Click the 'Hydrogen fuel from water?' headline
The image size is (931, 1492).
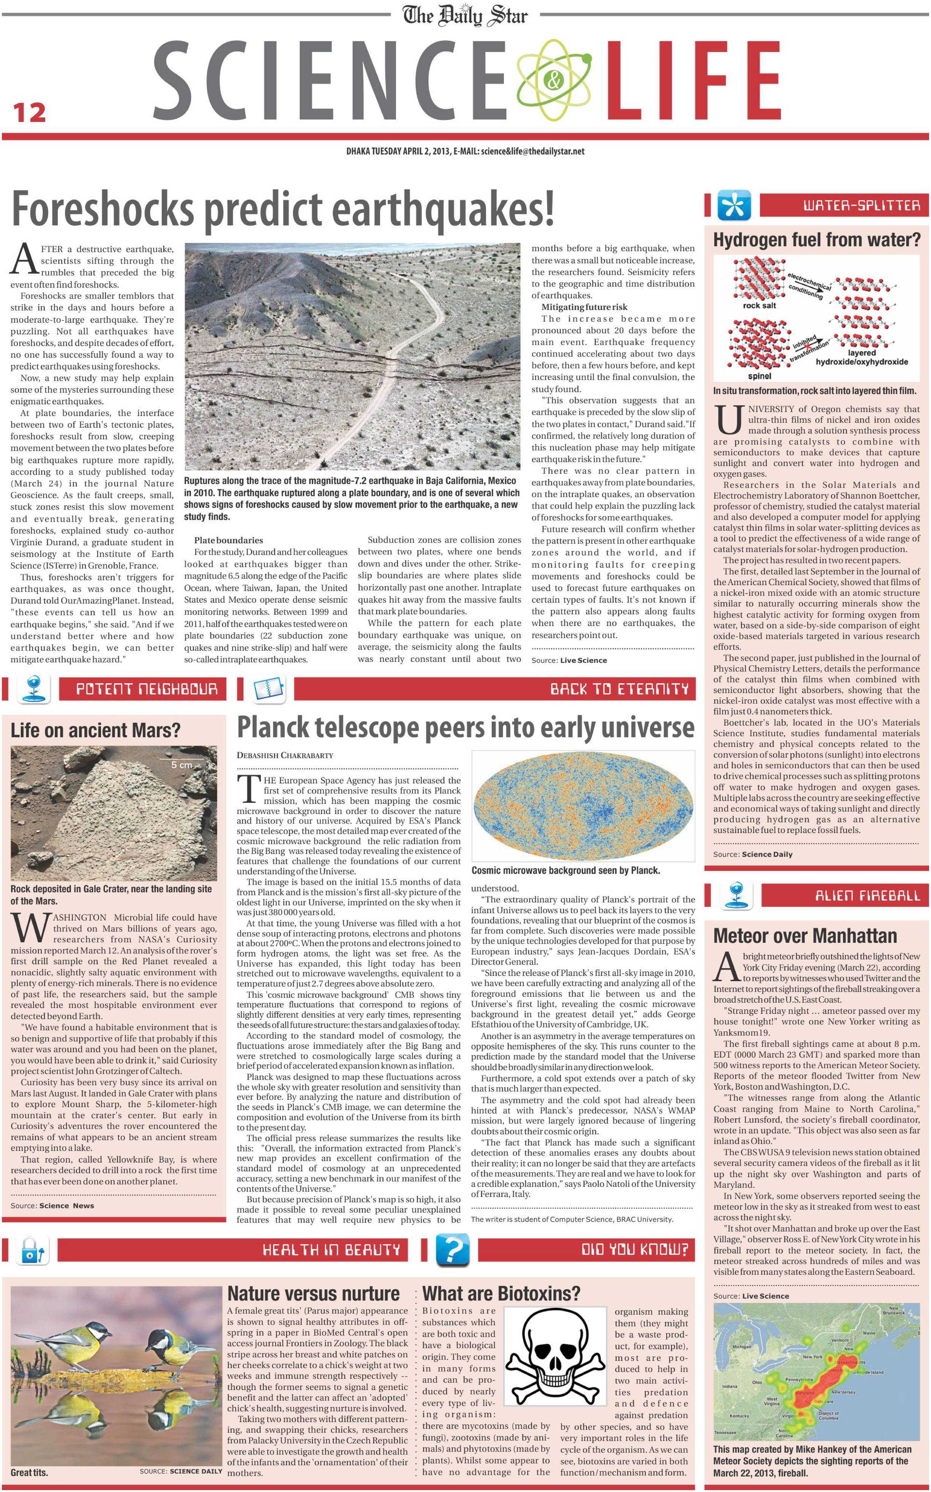coord(816,240)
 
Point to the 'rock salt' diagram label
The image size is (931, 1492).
coord(759,305)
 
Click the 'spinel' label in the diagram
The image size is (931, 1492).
coord(759,376)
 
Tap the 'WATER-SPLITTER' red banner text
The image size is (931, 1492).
coord(862,206)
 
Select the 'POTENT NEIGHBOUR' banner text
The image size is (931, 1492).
coord(147,688)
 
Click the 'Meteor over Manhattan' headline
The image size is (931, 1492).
coord(805,936)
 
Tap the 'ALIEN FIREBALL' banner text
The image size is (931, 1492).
coord(867,895)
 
